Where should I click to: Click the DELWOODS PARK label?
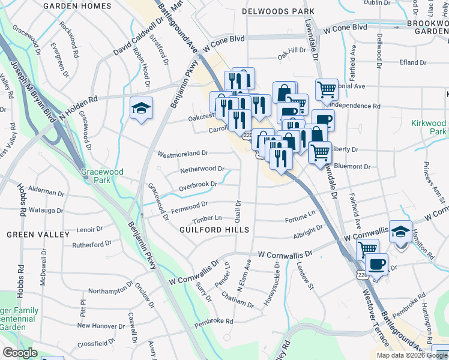pyautogui.click(x=278, y=11)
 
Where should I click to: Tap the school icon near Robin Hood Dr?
pyautogui.click(x=141, y=108)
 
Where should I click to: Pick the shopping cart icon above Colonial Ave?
pyautogui.click(x=326, y=90)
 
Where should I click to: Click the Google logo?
pyautogui.click(x=20, y=353)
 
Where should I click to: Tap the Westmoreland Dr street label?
pyautogui.click(x=182, y=154)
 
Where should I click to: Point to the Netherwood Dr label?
pyautogui.click(x=202, y=170)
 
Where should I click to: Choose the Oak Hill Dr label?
pyautogui.click(x=292, y=52)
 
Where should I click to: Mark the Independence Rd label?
pyautogui.click(x=355, y=106)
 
